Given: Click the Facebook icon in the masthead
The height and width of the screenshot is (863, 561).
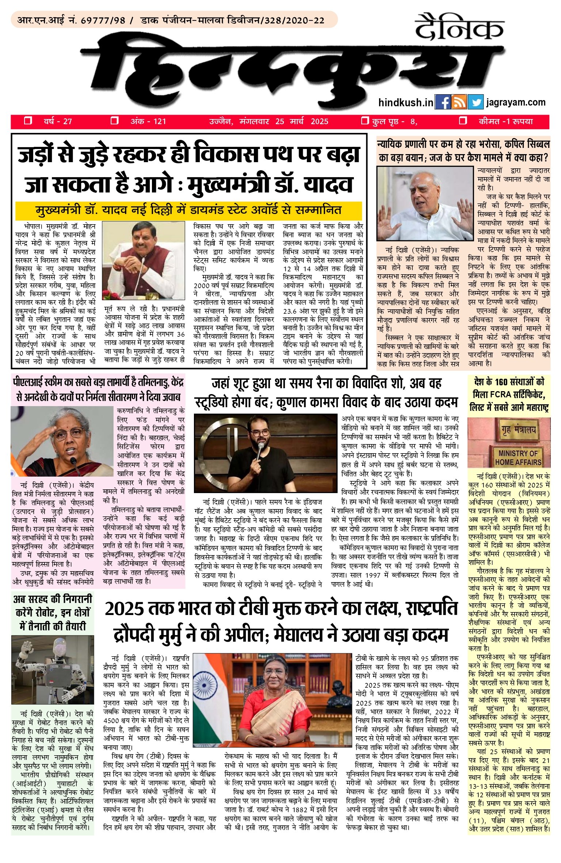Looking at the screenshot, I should tap(443, 102).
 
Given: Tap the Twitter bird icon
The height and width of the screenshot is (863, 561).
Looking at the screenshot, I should tap(475, 102).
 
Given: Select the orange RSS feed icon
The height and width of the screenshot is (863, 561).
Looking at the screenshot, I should tap(459, 102).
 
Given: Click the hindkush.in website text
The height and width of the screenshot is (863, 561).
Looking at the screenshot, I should tap(405, 102).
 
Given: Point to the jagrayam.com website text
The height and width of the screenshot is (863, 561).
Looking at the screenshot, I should tap(516, 102).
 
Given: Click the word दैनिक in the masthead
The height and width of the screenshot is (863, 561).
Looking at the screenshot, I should tap(459, 27).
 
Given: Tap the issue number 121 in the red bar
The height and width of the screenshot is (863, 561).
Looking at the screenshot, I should tap(159, 121).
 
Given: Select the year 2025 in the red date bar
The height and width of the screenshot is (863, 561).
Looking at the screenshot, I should tap(319, 121).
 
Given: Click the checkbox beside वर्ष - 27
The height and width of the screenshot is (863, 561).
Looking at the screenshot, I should tap(28, 121).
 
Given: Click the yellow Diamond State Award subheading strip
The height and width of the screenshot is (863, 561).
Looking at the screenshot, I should tap(188, 210).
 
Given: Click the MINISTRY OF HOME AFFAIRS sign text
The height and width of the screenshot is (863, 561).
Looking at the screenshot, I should tap(518, 458).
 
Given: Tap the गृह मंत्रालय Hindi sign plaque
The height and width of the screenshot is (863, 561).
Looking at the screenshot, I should tap(518, 429).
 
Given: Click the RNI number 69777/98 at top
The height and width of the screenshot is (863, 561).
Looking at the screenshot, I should tap(103, 20).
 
